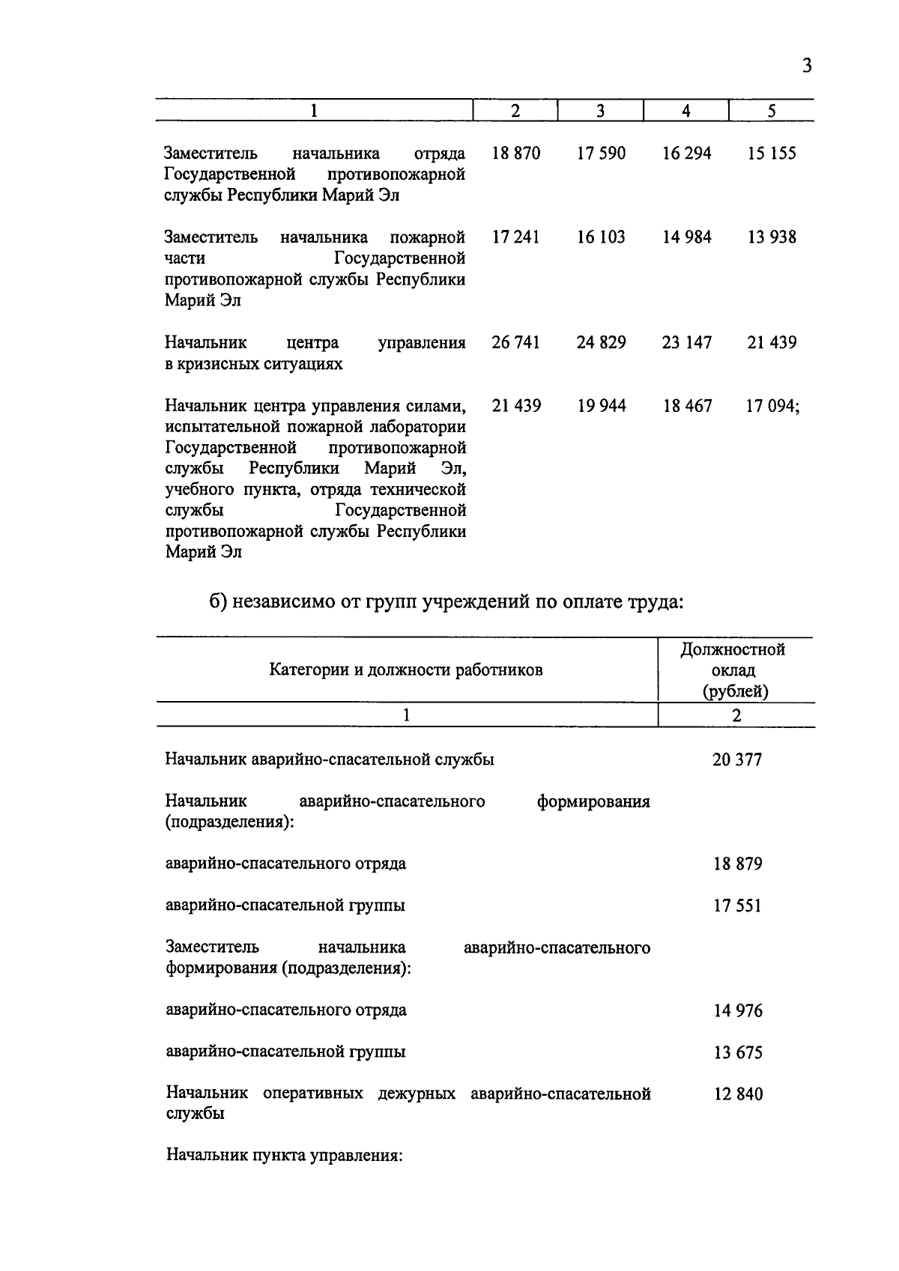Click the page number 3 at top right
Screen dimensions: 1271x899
(x=806, y=66)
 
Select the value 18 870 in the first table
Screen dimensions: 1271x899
(x=515, y=154)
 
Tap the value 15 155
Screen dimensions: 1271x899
(x=772, y=154)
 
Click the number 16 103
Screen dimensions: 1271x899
(x=601, y=237)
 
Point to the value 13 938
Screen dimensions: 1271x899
(x=772, y=237)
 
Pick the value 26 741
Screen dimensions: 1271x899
(x=515, y=343)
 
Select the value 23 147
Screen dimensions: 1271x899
(x=686, y=343)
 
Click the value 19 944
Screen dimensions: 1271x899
(x=601, y=406)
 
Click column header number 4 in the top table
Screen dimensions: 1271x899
(x=686, y=111)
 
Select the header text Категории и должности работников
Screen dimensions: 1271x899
(x=406, y=670)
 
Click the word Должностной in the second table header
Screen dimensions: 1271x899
(x=733, y=649)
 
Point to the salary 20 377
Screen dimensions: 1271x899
(x=737, y=760)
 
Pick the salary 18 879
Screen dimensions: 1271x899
(x=737, y=864)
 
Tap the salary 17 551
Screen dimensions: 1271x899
(x=737, y=906)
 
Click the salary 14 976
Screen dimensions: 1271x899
(x=737, y=1011)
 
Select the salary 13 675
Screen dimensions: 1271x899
(x=737, y=1053)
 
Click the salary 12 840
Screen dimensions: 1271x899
(x=737, y=1095)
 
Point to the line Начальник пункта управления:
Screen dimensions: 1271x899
(x=285, y=1156)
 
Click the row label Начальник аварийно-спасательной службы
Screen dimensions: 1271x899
(x=330, y=760)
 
